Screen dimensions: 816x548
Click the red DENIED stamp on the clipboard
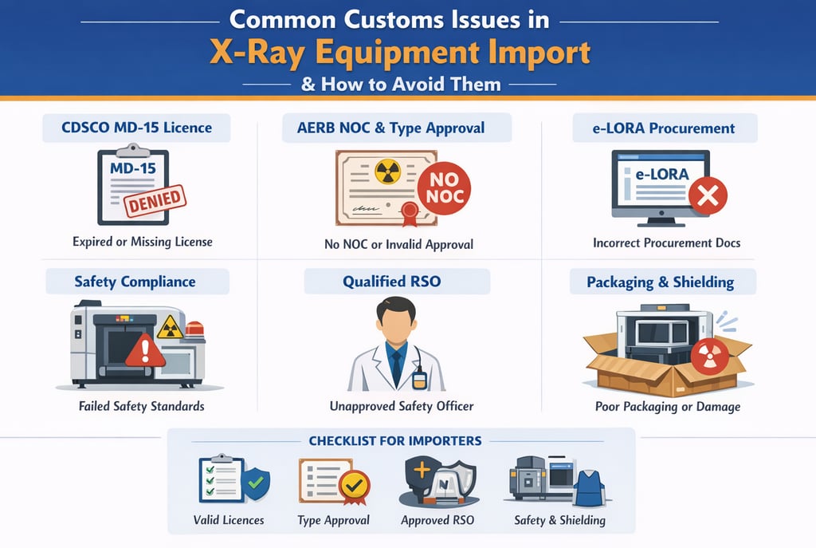point(154,201)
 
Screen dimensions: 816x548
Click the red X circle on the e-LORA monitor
point(707,195)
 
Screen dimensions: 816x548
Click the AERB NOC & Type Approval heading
point(396,128)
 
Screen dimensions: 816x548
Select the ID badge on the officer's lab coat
point(419,378)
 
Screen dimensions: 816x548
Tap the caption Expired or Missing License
point(142,242)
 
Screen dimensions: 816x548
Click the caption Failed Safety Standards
point(141,406)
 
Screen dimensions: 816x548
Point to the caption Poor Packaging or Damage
point(668,407)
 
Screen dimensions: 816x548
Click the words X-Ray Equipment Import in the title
point(400,53)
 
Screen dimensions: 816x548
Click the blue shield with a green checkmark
point(256,483)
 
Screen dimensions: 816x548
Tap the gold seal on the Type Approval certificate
point(354,483)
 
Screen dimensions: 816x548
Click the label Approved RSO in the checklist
point(437,520)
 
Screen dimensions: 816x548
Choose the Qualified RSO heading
point(396,282)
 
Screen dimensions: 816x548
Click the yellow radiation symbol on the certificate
point(387,172)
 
